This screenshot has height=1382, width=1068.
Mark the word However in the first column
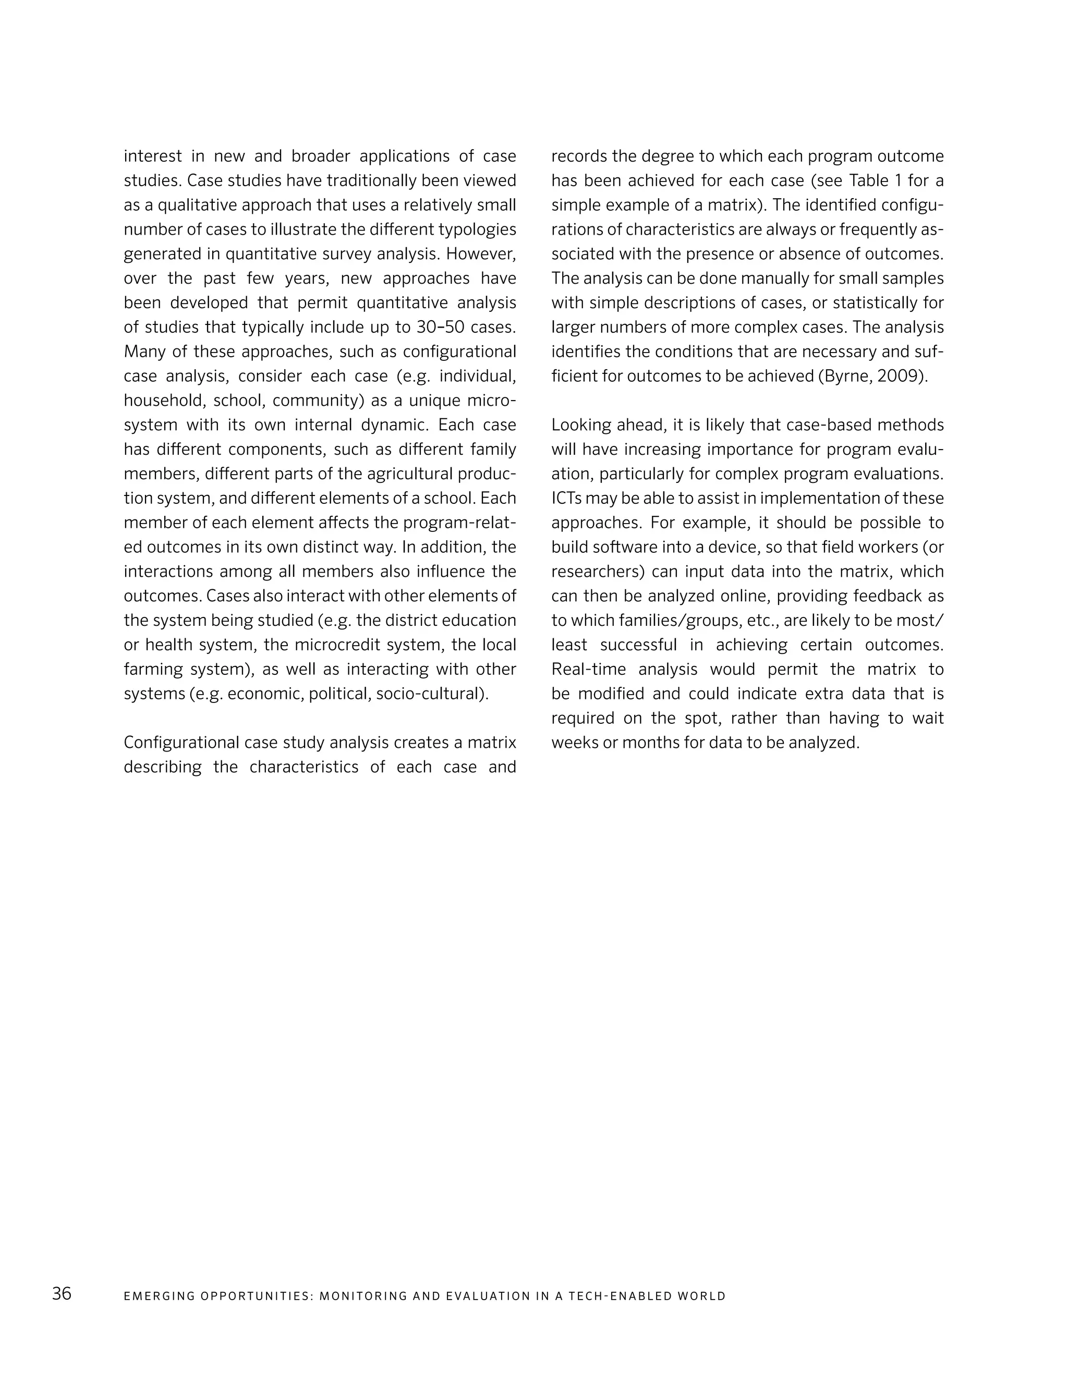(481, 254)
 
